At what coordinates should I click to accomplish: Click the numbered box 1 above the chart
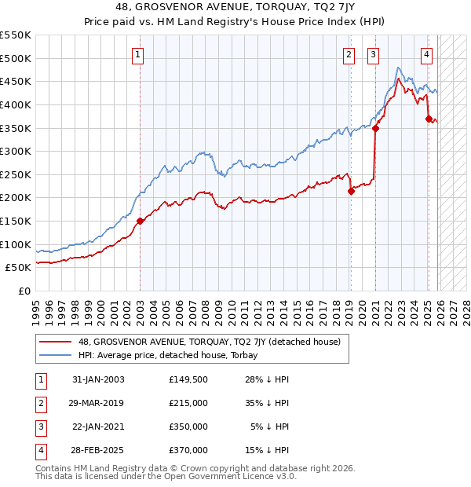pyautogui.click(x=137, y=54)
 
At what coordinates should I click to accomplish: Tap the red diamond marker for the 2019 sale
pyautogui.click(x=351, y=191)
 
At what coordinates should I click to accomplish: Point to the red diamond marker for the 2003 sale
pyautogui.click(x=141, y=222)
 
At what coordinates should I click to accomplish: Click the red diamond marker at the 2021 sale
pyautogui.click(x=375, y=128)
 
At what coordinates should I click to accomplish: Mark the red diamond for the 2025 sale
pyautogui.click(x=429, y=119)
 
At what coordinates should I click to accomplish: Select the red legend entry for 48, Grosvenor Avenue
pyautogui.click(x=209, y=342)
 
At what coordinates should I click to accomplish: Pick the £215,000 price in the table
pyautogui.click(x=188, y=402)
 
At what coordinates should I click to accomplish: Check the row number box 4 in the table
pyautogui.click(x=40, y=450)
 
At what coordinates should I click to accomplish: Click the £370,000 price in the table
pyautogui.click(x=188, y=450)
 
